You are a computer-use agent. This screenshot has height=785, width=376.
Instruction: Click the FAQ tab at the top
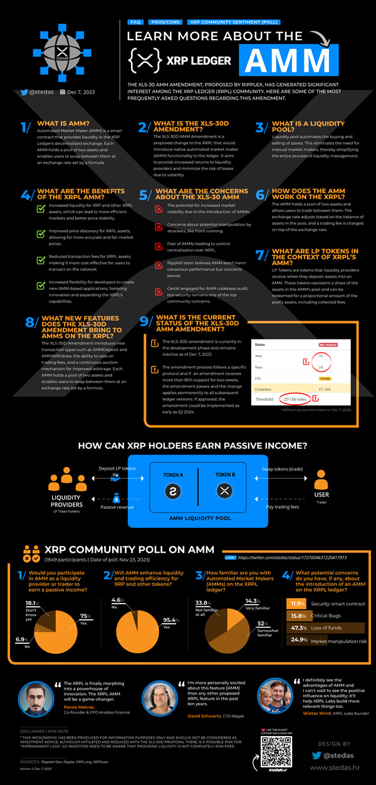(x=135, y=22)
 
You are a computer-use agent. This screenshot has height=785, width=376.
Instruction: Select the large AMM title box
(x=288, y=61)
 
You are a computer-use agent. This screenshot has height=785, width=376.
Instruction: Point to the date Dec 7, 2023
(x=78, y=92)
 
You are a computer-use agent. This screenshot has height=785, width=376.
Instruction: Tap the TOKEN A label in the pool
(x=173, y=475)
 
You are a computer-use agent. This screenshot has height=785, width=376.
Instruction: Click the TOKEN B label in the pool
(x=224, y=475)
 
